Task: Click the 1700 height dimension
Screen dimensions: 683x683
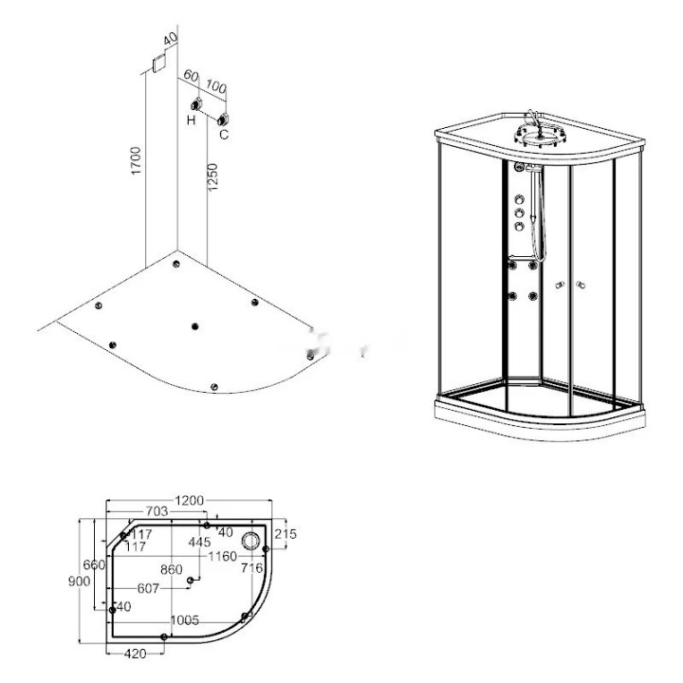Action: tap(137, 160)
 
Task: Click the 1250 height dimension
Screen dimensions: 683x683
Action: tap(212, 176)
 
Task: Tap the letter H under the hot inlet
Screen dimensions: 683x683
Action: tap(191, 120)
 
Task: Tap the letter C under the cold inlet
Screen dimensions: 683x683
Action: tap(224, 135)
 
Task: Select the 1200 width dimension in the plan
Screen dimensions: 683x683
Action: tap(189, 501)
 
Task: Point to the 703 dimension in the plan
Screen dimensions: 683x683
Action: tap(156, 511)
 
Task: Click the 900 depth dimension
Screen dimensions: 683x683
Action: tap(80, 581)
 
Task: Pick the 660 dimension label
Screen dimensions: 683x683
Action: tap(94, 565)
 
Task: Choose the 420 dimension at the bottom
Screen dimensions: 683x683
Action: tap(136, 654)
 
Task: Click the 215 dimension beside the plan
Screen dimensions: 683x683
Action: tap(286, 533)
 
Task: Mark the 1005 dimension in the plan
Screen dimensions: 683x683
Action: tap(185, 620)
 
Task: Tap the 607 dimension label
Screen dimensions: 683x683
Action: tap(148, 589)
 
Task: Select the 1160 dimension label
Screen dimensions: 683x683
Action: tap(222, 556)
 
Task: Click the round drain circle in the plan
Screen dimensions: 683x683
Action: tap(250, 541)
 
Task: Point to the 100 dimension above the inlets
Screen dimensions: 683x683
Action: tap(216, 86)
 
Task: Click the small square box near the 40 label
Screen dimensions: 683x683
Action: tap(160, 63)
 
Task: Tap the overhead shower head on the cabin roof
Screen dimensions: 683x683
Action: tap(539, 135)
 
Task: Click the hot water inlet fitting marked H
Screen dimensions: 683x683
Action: tap(197, 104)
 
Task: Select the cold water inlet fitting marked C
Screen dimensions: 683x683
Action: tap(224, 119)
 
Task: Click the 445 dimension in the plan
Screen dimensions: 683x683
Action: tap(199, 543)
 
